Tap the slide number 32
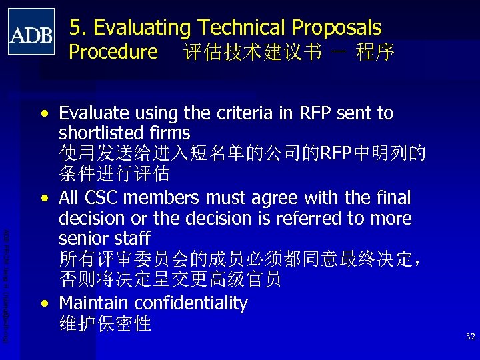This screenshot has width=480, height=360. click(471, 337)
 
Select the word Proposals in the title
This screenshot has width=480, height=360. click(335, 27)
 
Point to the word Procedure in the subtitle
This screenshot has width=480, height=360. click(113, 51)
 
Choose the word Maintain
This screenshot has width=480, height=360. click(94, 303)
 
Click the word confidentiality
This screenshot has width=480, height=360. click(191, 304)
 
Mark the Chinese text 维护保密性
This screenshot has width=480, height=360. click(105, 324)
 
